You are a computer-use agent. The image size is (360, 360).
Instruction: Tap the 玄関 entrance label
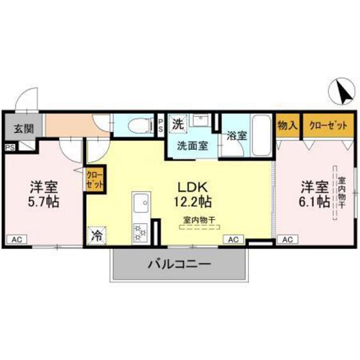coord(22,127)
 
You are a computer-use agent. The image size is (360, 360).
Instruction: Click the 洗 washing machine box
coord(177,122)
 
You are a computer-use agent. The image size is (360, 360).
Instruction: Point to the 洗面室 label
coord(193,145)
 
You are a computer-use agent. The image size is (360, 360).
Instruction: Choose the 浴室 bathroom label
coord(236,136)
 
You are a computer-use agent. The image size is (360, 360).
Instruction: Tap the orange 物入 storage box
coord(287,125)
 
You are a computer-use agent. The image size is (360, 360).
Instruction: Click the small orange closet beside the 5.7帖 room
coord(93,179)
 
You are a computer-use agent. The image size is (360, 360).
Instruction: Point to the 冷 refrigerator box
coord(96,236)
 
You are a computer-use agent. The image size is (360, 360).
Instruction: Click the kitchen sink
coord(140,207)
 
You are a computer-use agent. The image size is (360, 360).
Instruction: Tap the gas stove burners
coord(139,232)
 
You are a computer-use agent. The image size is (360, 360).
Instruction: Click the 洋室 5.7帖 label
coord(44,195)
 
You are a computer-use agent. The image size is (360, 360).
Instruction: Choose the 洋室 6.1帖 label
coord(314,195)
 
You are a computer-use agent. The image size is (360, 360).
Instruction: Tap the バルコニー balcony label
coord(179,264)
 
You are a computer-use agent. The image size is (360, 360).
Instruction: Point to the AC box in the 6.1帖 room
coord(287,240)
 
